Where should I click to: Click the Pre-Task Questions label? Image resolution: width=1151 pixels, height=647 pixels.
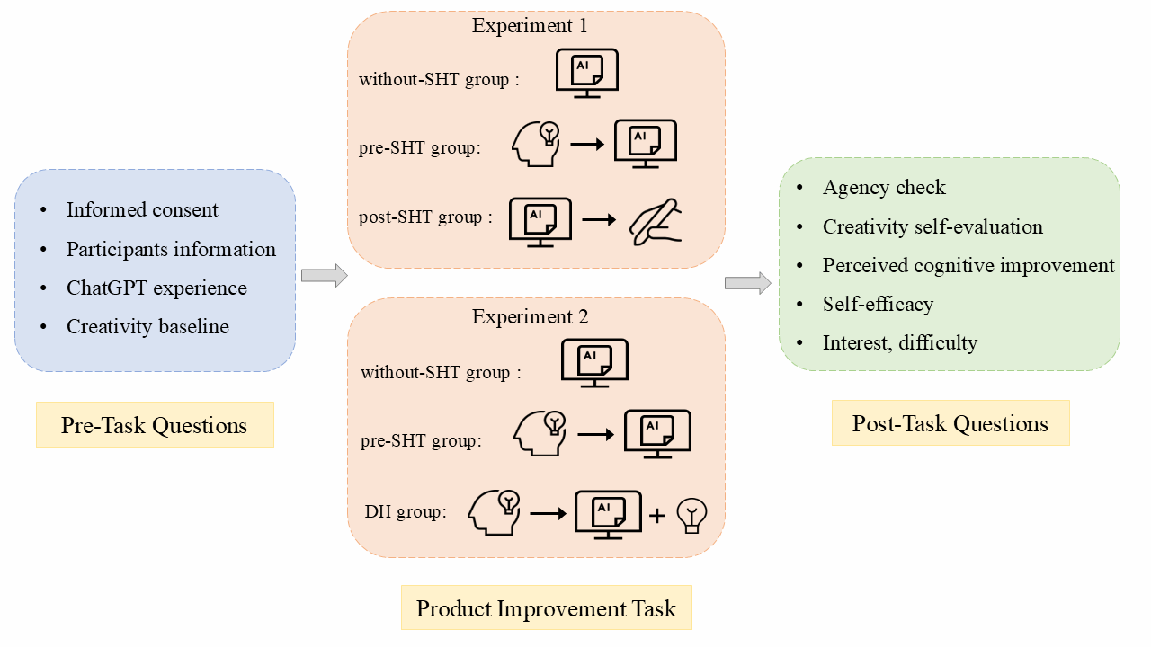pyautogui.click(x=154, y=425)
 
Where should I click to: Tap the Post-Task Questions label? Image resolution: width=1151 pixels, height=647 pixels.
pyautogui.click(x=950, y=423)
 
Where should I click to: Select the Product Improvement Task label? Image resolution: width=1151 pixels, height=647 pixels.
pyautogui.click(x=546, y=608)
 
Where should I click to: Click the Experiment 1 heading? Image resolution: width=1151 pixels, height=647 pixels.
pyautogui.click(x=530, y=26)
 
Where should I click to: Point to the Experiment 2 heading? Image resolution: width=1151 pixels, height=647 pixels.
pyautogui.click(x=530, y=316)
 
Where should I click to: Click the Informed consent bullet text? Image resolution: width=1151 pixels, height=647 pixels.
pyautogui.click(x=142, y=210)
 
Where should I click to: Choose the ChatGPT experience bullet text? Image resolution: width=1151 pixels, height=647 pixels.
pyautogui.click(x=156, y=288)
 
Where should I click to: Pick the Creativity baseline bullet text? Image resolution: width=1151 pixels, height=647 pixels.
pyautogui.click(x=147, y=327)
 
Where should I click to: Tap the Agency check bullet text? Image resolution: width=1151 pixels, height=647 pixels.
pyautogui.click(x=884, y=188)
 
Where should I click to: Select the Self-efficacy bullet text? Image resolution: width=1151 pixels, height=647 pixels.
pyautogui.click(x=878, y=304)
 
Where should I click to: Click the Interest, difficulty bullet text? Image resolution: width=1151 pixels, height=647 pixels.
pyautogui.click(x=900, y=342)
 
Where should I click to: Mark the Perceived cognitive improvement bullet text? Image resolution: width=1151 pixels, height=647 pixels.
pyautogui.click(x=968, y=265)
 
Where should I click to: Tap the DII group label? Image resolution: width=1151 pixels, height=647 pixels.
pyautogui.click(x=405, y=512)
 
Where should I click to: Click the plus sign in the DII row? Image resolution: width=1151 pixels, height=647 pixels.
pyautogui.click(x=657, y=515)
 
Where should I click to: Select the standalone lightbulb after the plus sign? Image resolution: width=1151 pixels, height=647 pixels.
pyautogui.click(x=691, y=515)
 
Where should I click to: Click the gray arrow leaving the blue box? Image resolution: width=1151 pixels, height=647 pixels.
pyautogui.click(x=324, y=276)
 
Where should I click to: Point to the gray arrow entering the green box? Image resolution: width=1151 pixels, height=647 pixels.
pyautogui.click(x=747, y=283)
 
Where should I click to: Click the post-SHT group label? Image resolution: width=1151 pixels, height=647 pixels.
pyautogui.click(x=425, y=217)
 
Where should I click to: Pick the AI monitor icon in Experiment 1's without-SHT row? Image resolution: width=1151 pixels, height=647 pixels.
pyautogui.click(x=587, y=73)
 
